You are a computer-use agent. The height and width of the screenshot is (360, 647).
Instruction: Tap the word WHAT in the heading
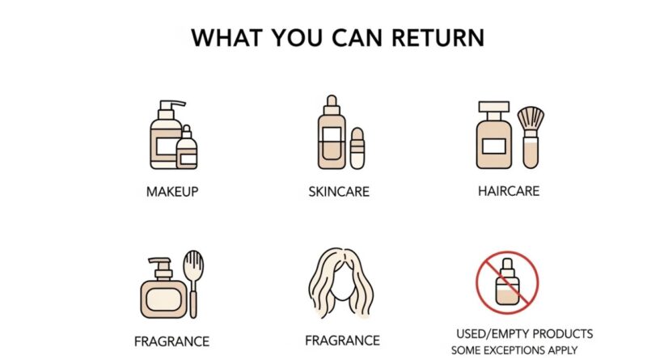[x=222, y=37]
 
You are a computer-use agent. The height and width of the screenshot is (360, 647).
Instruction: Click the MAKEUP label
[x=172, y=192]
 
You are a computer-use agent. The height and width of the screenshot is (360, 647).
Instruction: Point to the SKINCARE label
[x=339, y=192]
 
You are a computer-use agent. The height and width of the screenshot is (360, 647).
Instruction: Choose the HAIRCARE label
[x=508, y=191]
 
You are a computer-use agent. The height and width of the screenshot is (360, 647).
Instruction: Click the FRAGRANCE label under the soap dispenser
[x=172, y=341]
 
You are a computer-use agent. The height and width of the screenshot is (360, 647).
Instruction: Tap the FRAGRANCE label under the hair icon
[x=343, y=341]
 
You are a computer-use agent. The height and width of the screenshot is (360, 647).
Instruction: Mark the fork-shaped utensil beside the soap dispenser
[x=194, y=283]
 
